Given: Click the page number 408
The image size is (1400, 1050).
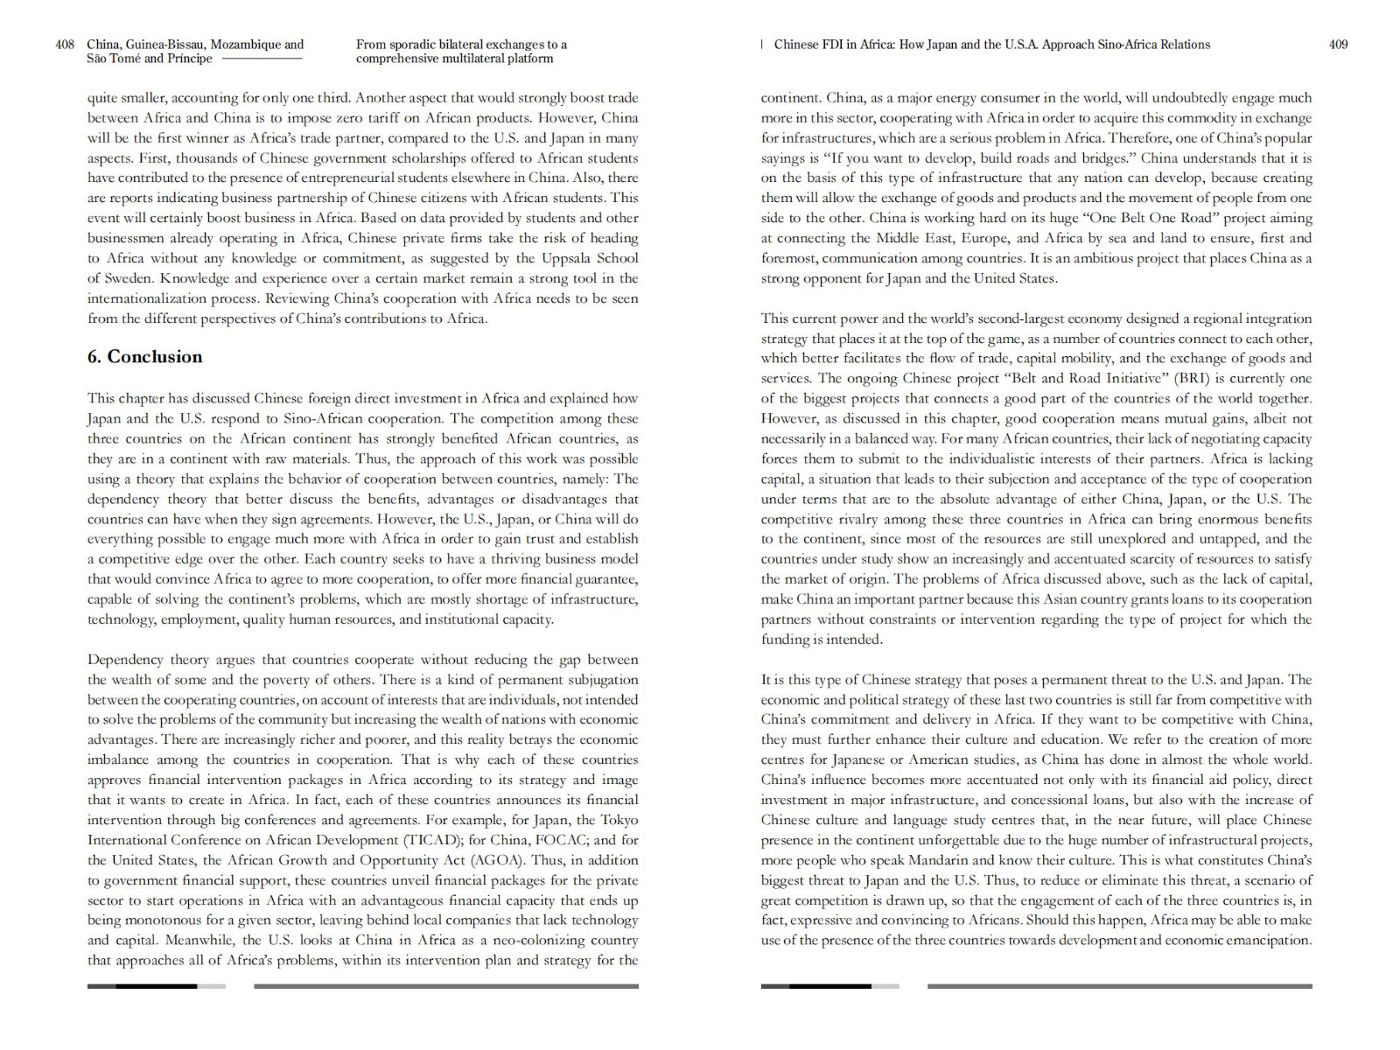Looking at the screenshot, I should click(65, 45).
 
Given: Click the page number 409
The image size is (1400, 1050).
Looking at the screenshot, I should click(1338, 45).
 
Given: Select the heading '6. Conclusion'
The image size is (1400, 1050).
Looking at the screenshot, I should click(144, 357).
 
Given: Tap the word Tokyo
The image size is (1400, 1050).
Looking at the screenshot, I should click(619, 820).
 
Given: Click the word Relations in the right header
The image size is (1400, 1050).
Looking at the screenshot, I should click(1183, 45).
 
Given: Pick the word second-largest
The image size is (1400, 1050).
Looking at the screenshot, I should click(965, 318).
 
